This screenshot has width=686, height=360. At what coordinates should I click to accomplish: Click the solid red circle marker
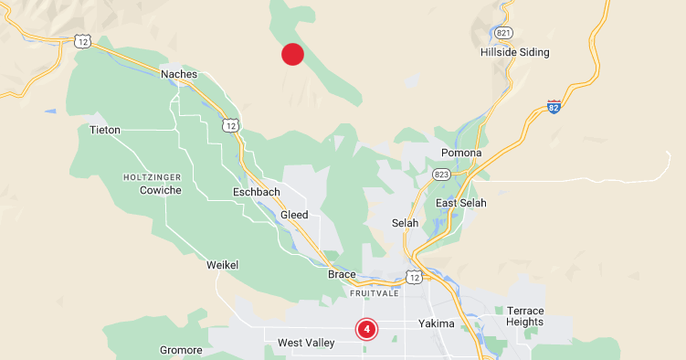click(292, 55)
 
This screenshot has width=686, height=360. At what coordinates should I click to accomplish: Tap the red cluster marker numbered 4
click(366, 329)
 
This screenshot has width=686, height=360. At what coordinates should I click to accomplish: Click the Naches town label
click(179, 74)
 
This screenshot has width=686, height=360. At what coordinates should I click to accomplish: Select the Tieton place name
click(105, 131)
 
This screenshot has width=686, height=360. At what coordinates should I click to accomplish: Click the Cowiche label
click(161, 190)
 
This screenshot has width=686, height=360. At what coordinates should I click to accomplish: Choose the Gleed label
click(295, 215)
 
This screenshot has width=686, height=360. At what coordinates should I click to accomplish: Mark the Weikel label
click(223, 265)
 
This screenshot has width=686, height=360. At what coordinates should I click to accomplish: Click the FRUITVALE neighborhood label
click(375, 293)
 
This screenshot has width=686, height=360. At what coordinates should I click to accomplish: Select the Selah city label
click(405, 223)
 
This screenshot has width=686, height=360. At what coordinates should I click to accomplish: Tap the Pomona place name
click(460, 153)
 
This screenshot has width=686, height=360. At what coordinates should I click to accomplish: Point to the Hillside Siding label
click(515, 53)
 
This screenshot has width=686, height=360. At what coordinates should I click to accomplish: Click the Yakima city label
click(437, 323)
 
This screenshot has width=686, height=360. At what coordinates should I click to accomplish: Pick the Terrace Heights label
click(525, 317)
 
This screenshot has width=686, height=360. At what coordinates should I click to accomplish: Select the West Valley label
click(306, 344)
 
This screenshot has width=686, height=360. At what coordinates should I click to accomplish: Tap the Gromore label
click(181, 350)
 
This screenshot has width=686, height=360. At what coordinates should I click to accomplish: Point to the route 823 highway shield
click(442, 174)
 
